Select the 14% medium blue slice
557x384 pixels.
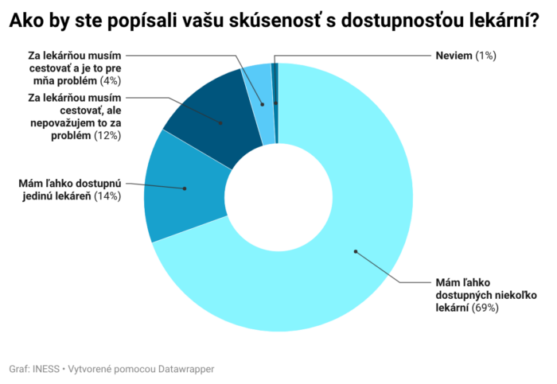(171, 191)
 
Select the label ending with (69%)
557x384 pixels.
(467, 294)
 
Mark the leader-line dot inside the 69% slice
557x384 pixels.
(356, 251)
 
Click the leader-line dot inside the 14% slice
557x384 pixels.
(185, 188)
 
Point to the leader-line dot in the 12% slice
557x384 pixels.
(222, 122)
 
